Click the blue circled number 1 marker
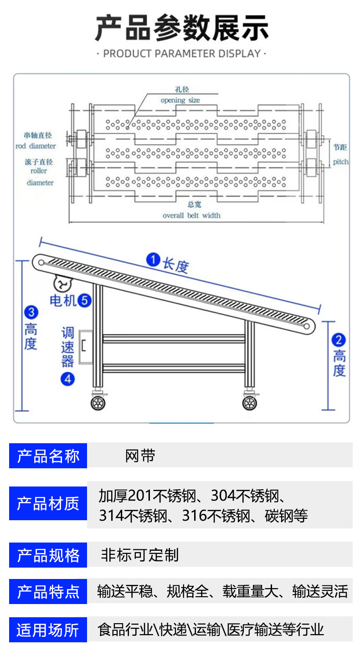(153, 260)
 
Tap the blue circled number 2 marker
(339, 340)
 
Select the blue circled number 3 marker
(31, 312)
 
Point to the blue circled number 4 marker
(67, 379)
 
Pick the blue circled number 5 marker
(85, 300)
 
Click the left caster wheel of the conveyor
(98, 402)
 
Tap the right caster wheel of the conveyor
(249, 402)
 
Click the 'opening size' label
(180, 100)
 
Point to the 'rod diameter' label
(36, 146)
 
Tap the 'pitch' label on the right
(340, 162)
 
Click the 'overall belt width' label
(191, 215)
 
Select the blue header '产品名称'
(48, 456)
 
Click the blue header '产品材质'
(48, 503)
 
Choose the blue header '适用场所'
(48, 630)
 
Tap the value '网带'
(140, 456)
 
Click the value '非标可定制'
(139, 555)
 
